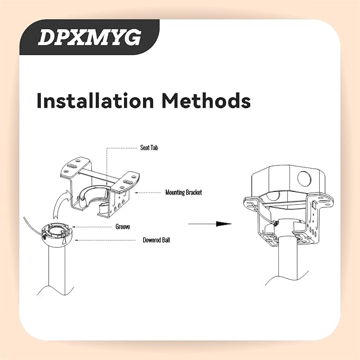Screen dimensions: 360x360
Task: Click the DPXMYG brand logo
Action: tap(90, 37)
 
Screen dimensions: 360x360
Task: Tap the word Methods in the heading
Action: tap(206, 101)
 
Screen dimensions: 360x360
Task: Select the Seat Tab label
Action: tap(149, 147)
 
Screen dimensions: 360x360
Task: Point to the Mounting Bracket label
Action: tap(183, 192)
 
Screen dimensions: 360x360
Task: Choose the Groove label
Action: tap(122, 227)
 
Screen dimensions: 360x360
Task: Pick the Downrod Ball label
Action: tap(156, 240)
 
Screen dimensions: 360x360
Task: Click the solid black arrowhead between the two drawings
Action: tap(224, 224)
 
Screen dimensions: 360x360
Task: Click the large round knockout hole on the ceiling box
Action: tap(304, 178)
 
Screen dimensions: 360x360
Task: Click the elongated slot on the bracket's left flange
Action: tap(72, 166)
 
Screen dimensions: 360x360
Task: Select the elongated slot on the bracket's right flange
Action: tap(128, 182)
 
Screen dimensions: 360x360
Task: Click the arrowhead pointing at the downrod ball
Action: tap(76, 240)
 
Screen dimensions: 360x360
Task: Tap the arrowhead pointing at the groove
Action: tap(74, 227)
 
